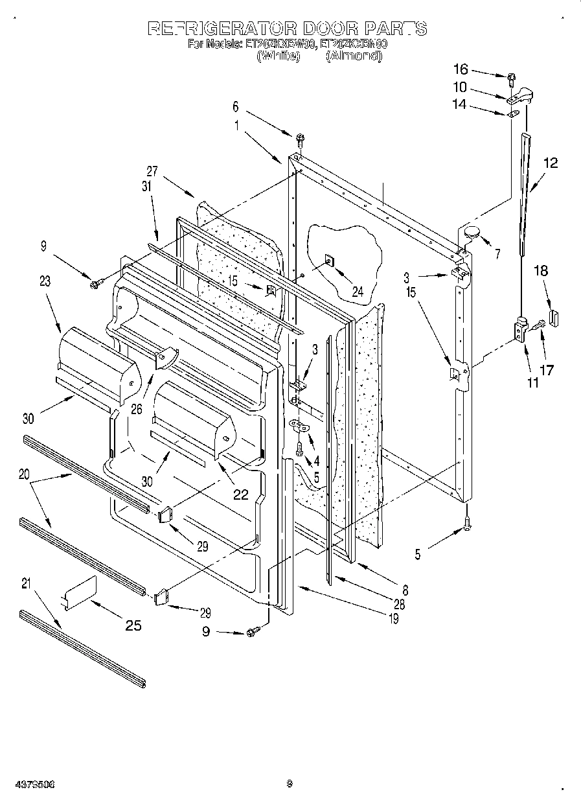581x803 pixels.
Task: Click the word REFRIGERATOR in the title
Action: coord(222,29)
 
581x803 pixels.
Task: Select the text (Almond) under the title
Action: coord(354,56)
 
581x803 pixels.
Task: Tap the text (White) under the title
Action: coord(279,56)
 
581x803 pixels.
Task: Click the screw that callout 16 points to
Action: coord(511,80)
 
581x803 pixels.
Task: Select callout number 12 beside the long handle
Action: coord(550,163)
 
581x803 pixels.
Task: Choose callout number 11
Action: coord(532,382)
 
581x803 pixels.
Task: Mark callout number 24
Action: coord(357,292)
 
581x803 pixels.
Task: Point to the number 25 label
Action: coord(132,625)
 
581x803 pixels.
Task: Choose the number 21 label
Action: coord(26,583)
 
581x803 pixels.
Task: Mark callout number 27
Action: coord(152,171)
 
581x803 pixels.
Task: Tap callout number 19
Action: coord(393,619)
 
